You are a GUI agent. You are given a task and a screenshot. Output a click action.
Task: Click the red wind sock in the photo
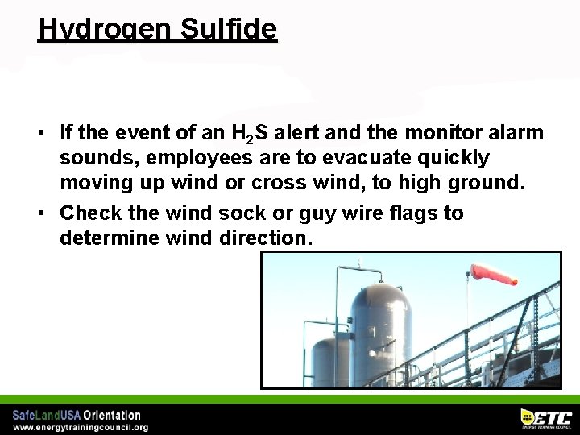coord(493,275)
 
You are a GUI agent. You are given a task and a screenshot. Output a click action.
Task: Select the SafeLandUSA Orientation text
coord(77,415)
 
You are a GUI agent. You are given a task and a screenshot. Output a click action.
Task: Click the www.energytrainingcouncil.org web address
coord(81,427)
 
